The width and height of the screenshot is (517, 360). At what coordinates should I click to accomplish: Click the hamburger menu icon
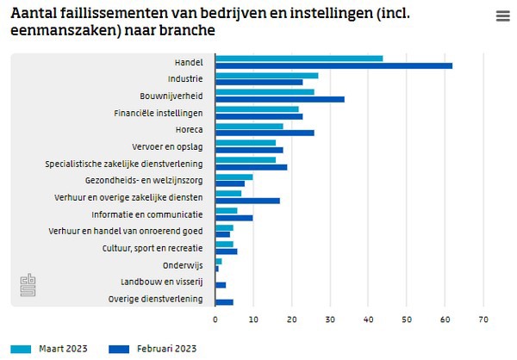pos(502,16)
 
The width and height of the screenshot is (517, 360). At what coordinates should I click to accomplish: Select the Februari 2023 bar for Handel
pos(333,65)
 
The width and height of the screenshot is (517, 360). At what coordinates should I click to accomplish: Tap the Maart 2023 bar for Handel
pos(299,59)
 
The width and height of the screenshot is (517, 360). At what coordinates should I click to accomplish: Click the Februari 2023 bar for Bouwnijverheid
pos(280,98)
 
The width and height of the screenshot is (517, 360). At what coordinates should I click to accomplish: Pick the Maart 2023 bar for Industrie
pos(267,75)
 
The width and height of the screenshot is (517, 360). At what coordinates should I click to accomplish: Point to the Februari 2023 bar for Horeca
pos(265,132)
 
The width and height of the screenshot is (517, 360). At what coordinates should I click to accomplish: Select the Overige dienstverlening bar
pos(225,302)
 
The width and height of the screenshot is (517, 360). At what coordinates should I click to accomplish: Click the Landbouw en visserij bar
pos(221,284)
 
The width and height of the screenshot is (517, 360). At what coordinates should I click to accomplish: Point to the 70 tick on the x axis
pos(483,319)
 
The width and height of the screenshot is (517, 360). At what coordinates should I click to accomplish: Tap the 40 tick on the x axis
pos(369,319)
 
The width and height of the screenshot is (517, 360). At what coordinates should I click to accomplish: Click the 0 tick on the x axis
pos(215,319)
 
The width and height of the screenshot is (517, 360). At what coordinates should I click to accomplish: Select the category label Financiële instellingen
pos(159,112)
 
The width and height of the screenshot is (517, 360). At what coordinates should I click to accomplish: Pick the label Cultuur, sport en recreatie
pos(152,247)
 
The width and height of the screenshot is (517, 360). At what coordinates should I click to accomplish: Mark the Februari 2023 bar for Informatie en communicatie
pos(234,217)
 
